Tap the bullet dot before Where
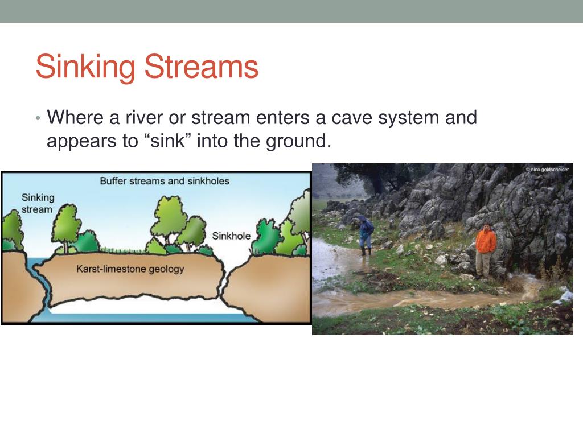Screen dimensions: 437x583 38,118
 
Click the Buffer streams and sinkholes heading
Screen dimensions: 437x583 165,181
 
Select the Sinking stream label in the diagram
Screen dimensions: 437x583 38,203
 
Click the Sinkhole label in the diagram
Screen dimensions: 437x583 231,236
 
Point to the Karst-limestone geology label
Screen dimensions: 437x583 130,269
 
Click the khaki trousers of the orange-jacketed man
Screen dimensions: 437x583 483,263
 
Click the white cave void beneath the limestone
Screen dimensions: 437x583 137,306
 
